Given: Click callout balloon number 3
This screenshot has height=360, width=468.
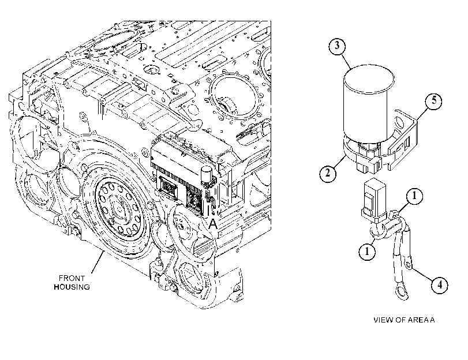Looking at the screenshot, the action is pyautogui.click(x=337, y=46).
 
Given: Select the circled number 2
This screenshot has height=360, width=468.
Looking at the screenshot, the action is pyautogui.click(x=328, y=172).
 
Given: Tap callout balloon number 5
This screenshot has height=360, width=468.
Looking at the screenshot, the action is pyautogui.click(x=433, y=101).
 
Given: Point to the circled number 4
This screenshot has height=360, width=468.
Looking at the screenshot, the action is pyautogui.click(x=440, y=285).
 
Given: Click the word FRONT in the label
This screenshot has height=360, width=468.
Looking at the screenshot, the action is pyautogui.click(x=72, y=278).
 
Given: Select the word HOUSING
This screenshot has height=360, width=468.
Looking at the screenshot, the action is pyautogui.click(x=72, y=287).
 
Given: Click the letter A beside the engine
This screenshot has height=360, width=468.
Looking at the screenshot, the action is pyautogui.click(x=212, y=224).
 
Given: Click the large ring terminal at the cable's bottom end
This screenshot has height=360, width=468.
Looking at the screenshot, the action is pyautogui.click(x=401, y=290).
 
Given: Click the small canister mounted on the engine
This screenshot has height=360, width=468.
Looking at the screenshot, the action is pyautogui.click(x=207, y=175).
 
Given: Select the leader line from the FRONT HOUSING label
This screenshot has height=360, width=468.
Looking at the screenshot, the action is pyautogui.click(x=98, y=262).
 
